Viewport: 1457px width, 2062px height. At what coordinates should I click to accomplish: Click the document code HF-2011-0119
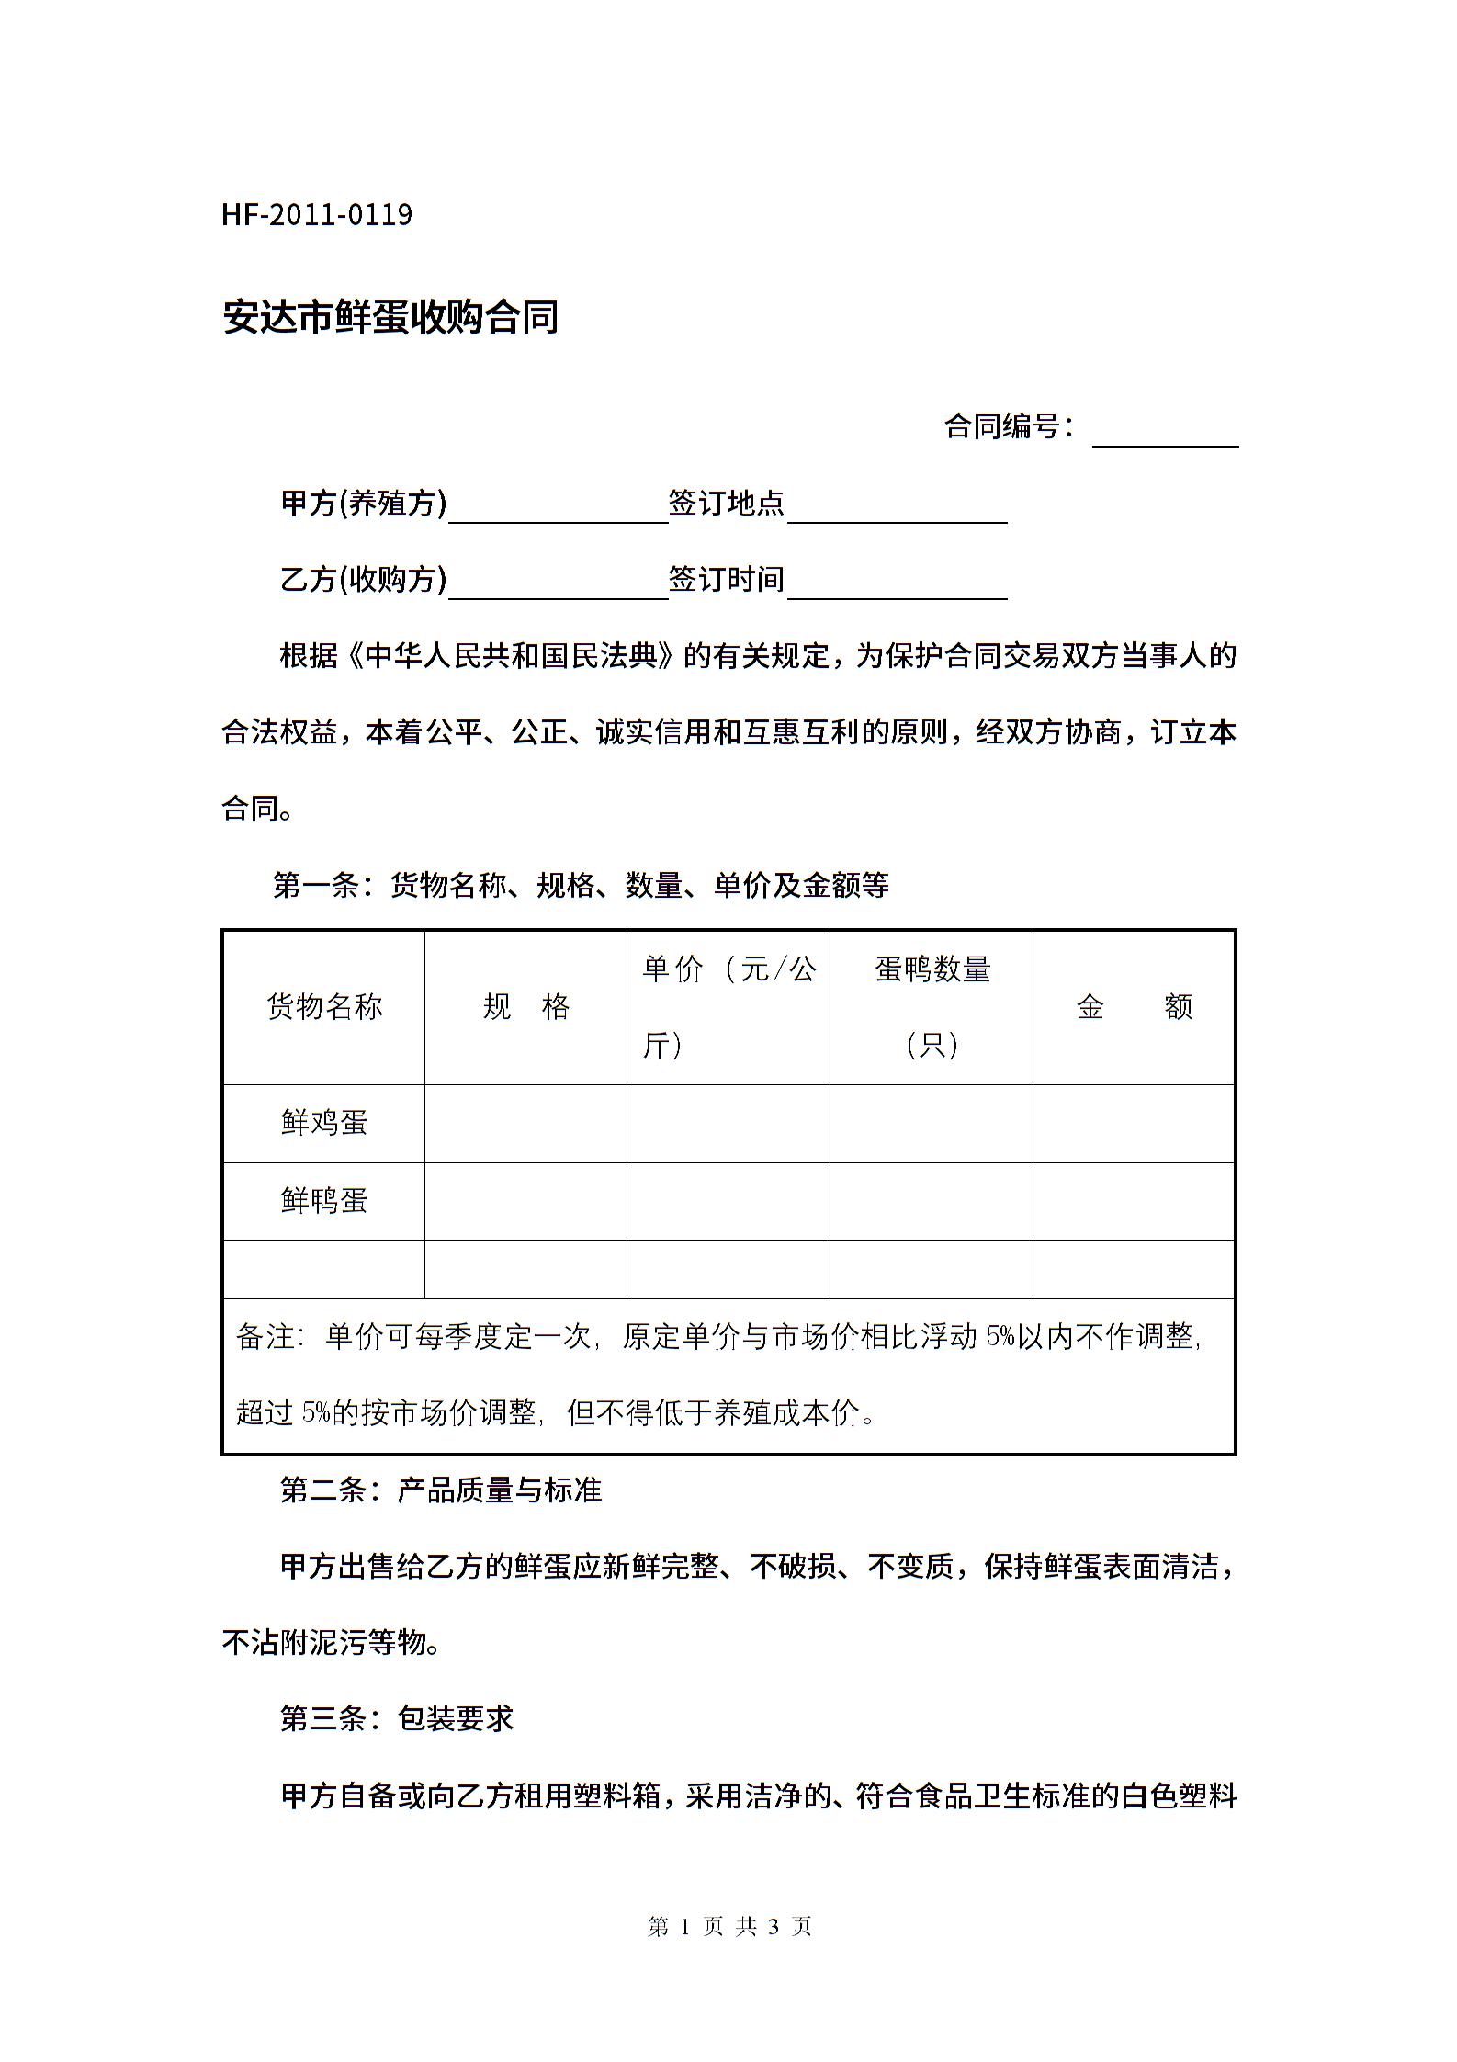pyautogui.click(x=317, y=215)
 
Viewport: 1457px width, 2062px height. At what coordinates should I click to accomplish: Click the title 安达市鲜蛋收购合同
pyautogui.click(x=390, y=317)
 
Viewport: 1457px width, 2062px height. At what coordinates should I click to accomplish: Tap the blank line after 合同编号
pyautogui.click(x=1165, y=432)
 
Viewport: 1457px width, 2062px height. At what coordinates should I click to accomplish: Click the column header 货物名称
pyautogui.click(x=324, y=1007)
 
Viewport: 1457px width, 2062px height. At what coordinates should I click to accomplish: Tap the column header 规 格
pyautogui.click(x=526, y=1007)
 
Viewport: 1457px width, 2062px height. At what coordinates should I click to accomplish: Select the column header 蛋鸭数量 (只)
pyautogui.click(x=932, y=1007)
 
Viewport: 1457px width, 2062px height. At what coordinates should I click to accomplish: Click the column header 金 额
pyautogui.click(x=1134, y=1007)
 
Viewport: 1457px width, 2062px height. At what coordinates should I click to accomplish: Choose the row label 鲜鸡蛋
pyautogui.click(x=324, y=1123)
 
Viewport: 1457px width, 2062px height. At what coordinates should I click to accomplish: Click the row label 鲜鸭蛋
pyautogui.click(x=324, y=1201)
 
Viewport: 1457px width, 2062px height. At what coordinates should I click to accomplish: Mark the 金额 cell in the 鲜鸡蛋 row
pyautogui.click(x=1134, y=1123)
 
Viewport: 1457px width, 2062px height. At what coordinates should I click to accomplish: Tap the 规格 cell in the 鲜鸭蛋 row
pyautogui.click(x=526, y=1201)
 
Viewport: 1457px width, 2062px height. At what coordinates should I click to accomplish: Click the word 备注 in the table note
pyautogui.click(x=265, y=1337)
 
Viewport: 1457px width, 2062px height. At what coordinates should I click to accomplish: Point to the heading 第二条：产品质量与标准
pyautogui.click(x=441, y=1490)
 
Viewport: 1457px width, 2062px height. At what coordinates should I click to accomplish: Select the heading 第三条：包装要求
pyautogui.click(x=397, y=1718)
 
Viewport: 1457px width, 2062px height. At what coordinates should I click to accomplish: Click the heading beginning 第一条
pyautogui.click(x=581, y=885)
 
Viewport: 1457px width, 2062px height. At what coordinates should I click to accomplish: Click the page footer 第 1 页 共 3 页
pyautogui.click(x=729, y=1926)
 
